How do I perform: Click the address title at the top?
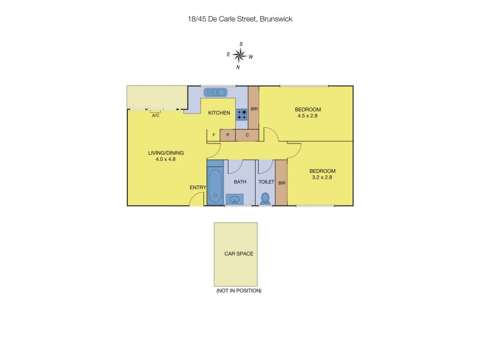[x=240, y=19]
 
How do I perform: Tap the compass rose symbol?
[x=239, y=56]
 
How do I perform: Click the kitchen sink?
[x=215, y=92]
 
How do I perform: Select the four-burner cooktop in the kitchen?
[x=242, y=114]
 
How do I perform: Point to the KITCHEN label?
[x=219, y=113]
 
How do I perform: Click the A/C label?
[x=155, y=115]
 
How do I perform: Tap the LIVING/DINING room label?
[x=166, y=153]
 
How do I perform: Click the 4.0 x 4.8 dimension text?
[x=166, y=160]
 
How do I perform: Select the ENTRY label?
[x=198, y=188]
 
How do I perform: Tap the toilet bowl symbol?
[x=266, y=197]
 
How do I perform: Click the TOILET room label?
[x=266, y=181]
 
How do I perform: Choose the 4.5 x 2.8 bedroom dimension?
[x=308, y=116]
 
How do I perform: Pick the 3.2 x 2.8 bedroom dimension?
[x=322, y=177]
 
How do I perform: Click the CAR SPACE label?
[x=239, y=254]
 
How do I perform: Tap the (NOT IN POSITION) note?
[x=239, y=290]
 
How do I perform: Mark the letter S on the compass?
[x=241, y=44]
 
